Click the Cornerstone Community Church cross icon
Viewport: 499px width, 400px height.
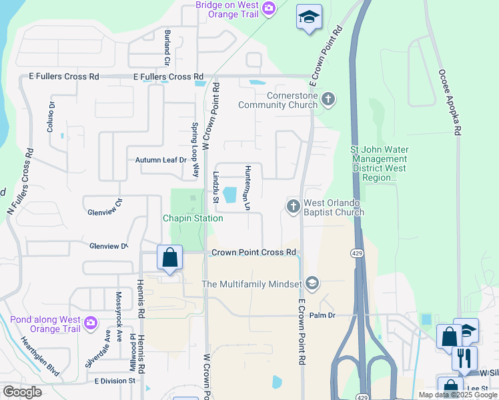click(x=327, y=99)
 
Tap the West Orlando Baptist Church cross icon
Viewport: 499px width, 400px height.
click(x=293, y=207)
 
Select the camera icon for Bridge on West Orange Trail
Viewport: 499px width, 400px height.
click(x=268, y=9)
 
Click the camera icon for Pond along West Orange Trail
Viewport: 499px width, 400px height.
click(x=91, y=325)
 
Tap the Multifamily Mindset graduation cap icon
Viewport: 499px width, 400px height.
click(x=312, y=284)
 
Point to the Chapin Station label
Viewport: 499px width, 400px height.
click(x=193, y=218)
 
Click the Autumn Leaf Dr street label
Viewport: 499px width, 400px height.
click(x=161, y=160)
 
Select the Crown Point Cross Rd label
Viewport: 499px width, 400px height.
click(x=253, y=253)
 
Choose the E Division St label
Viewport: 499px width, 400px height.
click(x=115, y=381)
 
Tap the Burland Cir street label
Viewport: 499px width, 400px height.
click(x=167, y=47)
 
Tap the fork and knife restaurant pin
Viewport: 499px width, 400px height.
click(x=464, y=358)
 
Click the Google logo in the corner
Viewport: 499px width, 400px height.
click(x=22, y=392)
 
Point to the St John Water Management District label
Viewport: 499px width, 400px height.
click(x=380, y=164)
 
